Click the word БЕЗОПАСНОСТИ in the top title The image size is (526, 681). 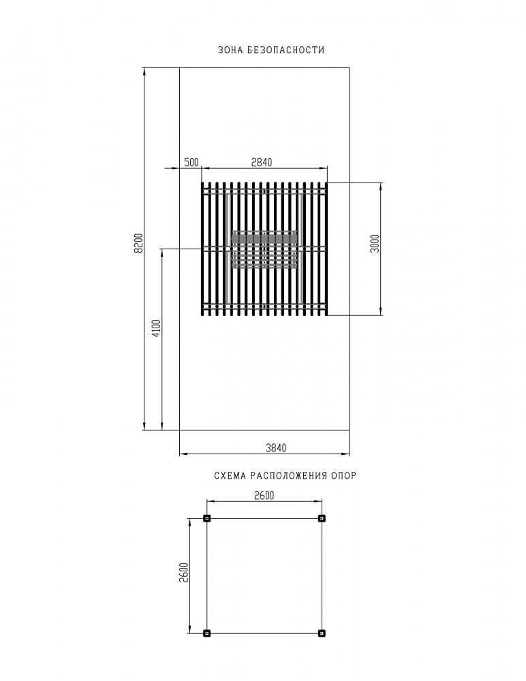coord(285,50)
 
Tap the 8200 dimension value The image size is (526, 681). coord(139,243)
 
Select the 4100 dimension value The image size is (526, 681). coord(157,328)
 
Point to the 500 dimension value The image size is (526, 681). coord(191,163)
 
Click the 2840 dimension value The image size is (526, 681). coord(262,163)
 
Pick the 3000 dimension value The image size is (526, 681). coord(375,243)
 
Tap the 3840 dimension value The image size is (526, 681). coord(276,448)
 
